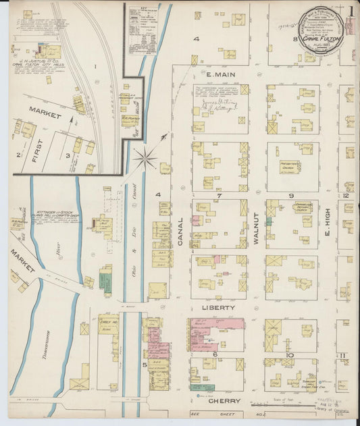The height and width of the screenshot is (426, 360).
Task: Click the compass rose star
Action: pyautogui.click(x=145, y=160)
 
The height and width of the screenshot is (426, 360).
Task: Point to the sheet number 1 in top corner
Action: pyautogui.click(x=351, y=11)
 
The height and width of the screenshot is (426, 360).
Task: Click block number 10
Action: pyautogui.click(x=290, y=355)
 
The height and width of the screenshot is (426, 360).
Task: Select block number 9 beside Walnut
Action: pyautogui.click(x=292, y=196)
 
